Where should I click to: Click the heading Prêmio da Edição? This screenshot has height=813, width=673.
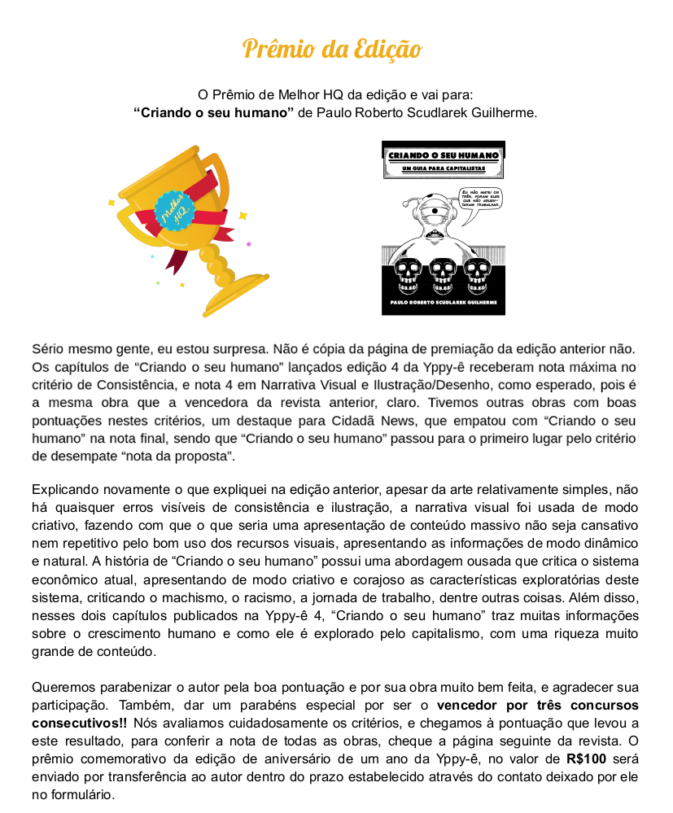[332, 49]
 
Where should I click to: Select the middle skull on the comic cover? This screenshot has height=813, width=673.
[443, 275]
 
